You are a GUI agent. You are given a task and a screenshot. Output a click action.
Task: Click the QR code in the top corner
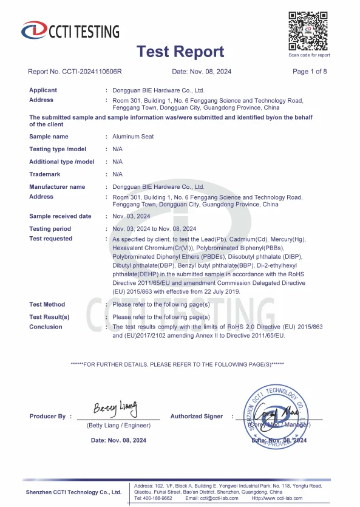308,31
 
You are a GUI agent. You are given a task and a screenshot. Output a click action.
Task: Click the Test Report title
180,52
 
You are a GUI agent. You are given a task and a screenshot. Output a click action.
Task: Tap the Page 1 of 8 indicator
310,72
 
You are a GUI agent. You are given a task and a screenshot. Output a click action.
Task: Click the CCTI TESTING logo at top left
70,30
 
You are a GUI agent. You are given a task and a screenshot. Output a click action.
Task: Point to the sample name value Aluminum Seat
133,137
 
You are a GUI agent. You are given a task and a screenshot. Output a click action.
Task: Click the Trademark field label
47,174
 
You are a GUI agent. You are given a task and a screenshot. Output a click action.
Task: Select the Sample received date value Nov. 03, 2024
131,216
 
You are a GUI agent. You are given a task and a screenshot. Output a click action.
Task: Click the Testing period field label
50,229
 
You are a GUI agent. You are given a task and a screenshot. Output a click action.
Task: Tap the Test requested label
50,239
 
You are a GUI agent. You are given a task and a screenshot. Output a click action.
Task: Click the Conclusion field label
46,327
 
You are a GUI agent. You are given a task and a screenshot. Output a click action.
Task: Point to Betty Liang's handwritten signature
115,407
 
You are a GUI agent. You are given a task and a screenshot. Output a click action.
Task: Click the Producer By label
47,417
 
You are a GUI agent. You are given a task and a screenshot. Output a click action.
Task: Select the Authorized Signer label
196,417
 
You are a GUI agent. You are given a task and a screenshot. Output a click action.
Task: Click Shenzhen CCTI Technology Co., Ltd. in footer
73,492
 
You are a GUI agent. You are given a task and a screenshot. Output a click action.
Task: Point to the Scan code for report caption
309,55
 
